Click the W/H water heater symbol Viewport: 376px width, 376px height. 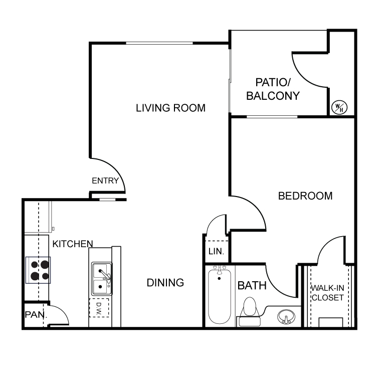click(339, 107)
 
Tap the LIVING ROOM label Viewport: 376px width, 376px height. click(171, 108)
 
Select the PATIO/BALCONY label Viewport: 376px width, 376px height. click(273, 89)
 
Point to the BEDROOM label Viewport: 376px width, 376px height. click(305, 196)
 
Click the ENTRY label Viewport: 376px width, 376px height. click(105, 180)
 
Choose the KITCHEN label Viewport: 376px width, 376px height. click(73, 244)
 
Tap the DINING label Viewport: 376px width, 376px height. click(165, 283)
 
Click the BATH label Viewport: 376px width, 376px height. click(252, 286)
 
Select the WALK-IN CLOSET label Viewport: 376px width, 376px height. click(327, 293)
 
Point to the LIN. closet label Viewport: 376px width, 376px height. click(216, 251)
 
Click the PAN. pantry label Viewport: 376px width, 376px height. click(36, 315)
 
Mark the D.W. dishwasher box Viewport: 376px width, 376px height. click(99, 308)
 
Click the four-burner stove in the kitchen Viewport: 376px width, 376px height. click(38, 270)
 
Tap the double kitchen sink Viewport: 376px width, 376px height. click(102, 278)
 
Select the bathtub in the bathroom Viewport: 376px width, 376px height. click(220, 297)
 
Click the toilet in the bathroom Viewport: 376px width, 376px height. click(250, 312)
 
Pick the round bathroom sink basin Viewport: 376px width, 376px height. click(286, 317)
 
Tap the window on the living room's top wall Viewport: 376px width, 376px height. click(159, 43)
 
